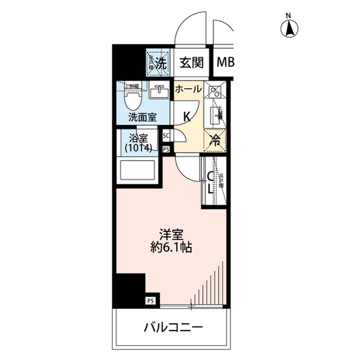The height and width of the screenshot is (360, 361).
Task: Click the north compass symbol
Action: [290, 26]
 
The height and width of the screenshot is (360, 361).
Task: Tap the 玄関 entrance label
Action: [191, 63]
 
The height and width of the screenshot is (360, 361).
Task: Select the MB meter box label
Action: [226, 63]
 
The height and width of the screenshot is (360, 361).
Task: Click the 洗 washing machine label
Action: [161, 64]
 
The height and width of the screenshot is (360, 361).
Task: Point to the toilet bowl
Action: [133, 101]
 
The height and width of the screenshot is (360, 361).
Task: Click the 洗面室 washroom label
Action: [142, 118]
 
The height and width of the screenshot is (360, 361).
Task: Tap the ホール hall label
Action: [188, 90]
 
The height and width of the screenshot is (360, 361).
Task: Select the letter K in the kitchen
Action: [186, 116]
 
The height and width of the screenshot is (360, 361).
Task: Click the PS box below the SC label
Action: [166, 149]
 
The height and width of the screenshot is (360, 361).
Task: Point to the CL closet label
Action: [209, 183]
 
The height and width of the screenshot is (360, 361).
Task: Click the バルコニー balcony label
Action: [173, 327]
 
